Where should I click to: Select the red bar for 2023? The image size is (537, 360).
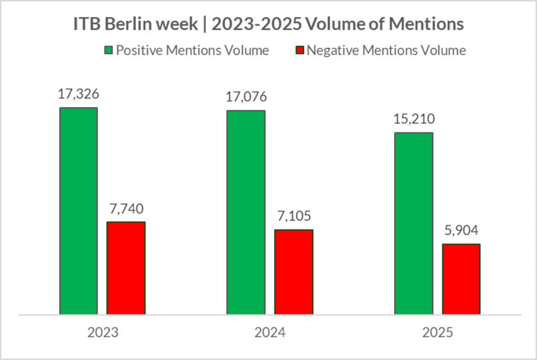coord(126,268)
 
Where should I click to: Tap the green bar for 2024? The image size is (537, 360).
coord(245,213)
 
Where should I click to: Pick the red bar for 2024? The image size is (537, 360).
coord(294,272)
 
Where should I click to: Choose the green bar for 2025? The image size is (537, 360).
coord(414,224)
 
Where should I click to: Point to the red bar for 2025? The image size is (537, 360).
coord(461,279)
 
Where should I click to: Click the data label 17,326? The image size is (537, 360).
coord(79,94)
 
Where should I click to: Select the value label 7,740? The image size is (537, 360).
coord(126,209)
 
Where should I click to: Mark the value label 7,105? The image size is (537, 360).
coord(294,217)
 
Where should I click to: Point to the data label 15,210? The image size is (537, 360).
coord(414,120)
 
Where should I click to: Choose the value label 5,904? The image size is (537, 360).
coord(461,231)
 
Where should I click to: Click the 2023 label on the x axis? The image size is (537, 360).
coord(103,333)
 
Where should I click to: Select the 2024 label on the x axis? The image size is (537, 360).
coord(270,333)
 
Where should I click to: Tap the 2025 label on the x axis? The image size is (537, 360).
coord(437,333)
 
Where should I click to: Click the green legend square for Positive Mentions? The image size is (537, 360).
coord(109,51)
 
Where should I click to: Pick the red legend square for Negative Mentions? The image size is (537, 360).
coord(300,51)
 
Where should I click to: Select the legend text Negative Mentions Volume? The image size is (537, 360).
coord(386,51)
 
